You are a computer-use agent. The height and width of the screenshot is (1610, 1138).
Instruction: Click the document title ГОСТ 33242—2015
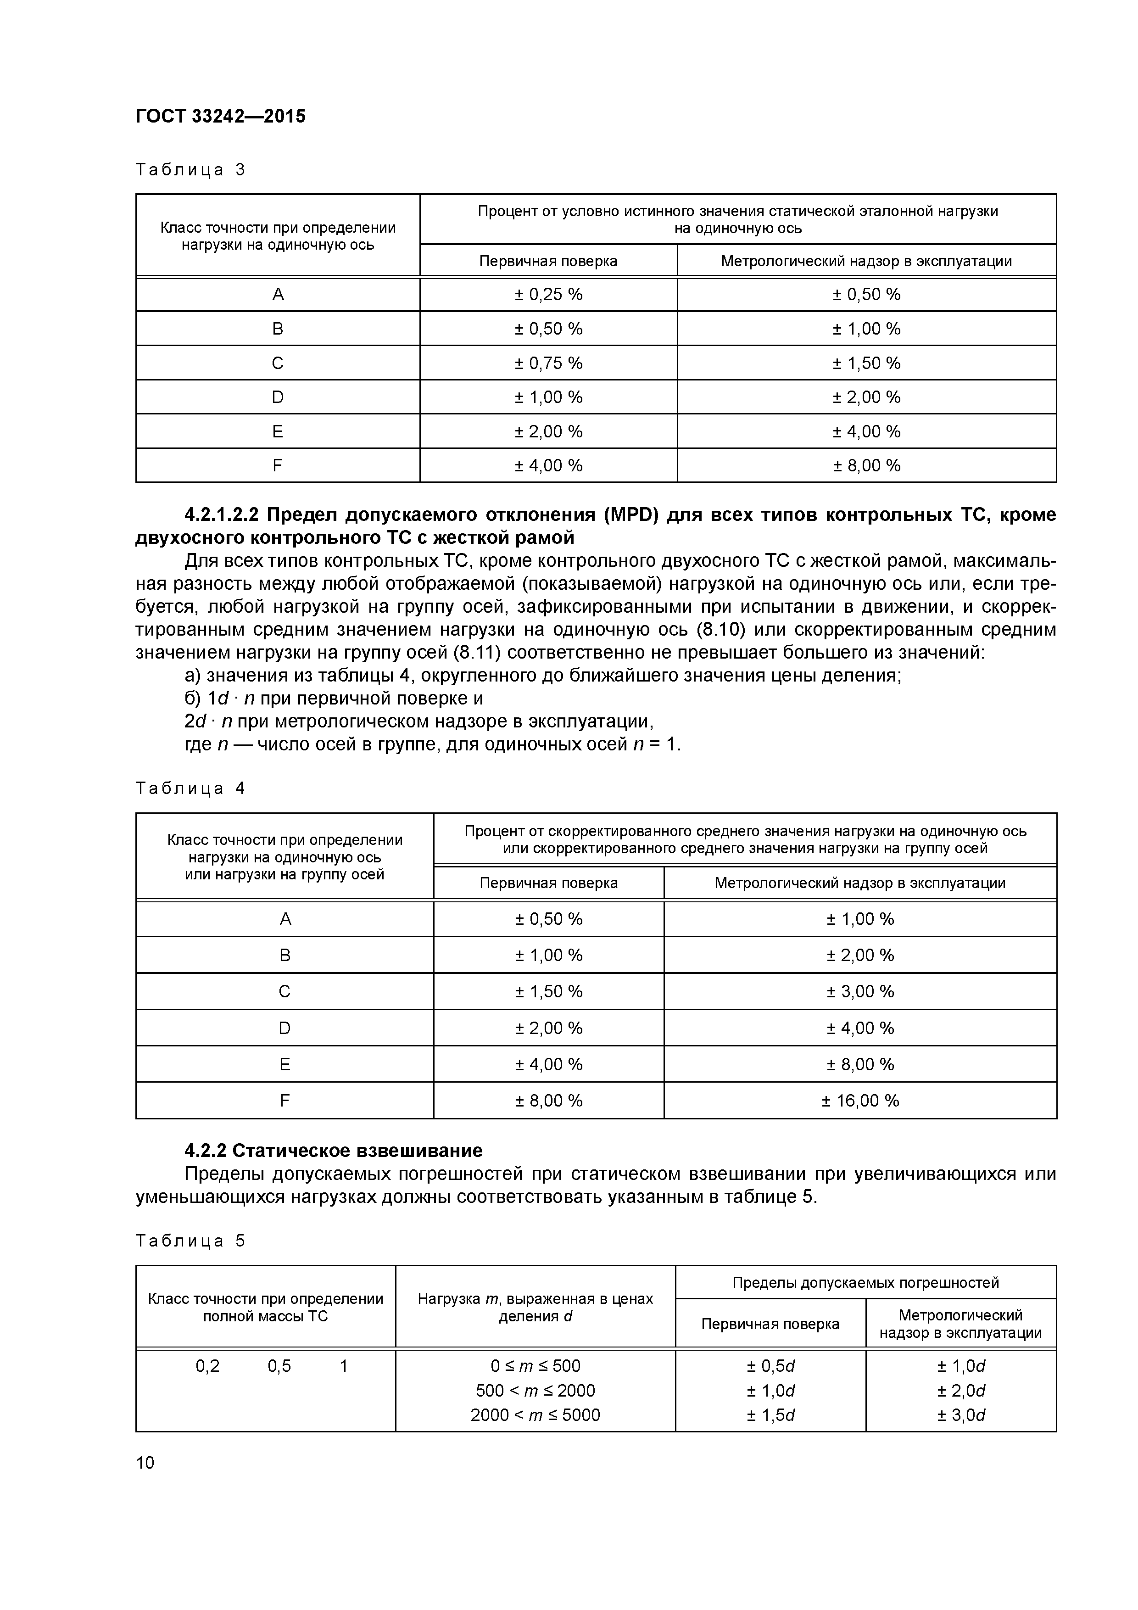(x=220, y=117)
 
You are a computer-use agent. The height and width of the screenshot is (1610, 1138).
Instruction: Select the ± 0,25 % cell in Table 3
(x=548, y=295)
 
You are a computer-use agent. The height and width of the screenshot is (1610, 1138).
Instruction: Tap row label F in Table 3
(x=278, y=466)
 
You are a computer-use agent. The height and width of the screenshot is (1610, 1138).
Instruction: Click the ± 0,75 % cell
(x=548, y=363)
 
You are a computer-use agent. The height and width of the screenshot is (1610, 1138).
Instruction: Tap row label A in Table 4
(x=284, y=919)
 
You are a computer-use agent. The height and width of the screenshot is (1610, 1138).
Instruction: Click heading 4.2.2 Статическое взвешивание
(x=333, y=1151)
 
